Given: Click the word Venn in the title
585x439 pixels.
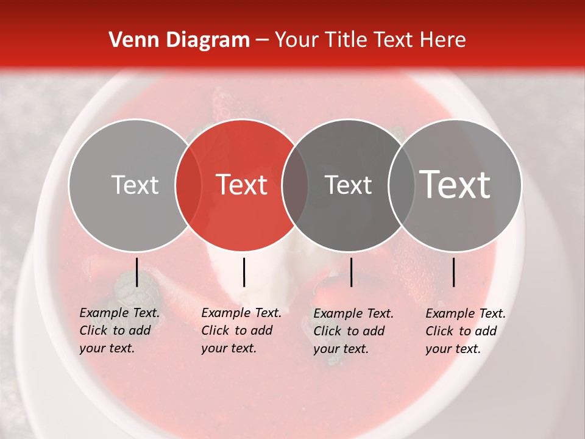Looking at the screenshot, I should tap(130, 40).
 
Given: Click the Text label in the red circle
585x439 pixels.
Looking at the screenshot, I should tap(242, 185).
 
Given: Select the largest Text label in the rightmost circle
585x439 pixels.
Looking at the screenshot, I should tap(455, 185).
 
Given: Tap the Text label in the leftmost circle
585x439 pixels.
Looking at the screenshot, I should tap(135, 185).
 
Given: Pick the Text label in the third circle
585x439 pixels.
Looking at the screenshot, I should tap(349, 185).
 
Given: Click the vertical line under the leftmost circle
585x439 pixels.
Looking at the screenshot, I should tap(136, 272).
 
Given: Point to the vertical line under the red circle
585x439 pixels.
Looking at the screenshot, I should tap(244, 272).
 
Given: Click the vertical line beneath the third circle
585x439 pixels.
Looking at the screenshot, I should tap(351, 272).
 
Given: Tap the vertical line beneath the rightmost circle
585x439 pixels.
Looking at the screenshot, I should tap(453, 272).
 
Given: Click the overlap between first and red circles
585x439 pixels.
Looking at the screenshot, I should tap(188, 185).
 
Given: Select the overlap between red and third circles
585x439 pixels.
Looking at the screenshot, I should tap(295, 185).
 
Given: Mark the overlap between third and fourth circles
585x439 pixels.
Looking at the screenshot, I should tap(402, 185).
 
